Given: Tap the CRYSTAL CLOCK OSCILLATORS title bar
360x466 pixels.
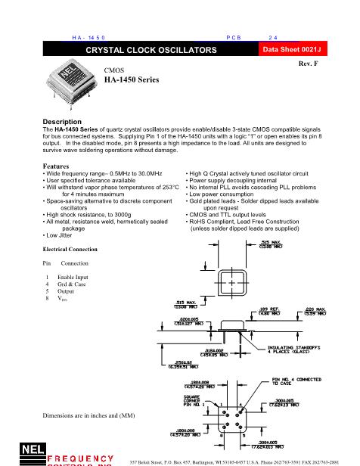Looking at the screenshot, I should pos(151,49).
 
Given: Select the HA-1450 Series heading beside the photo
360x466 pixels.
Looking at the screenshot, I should pos(132,79).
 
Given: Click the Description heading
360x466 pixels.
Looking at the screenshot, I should pos(61,122).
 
